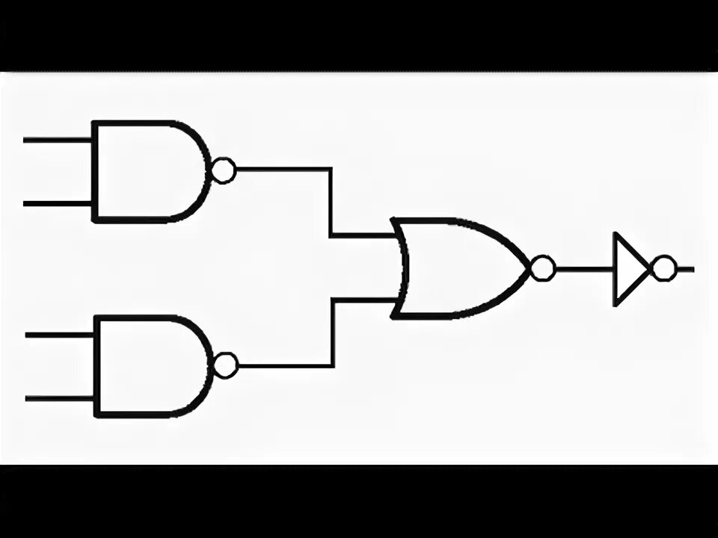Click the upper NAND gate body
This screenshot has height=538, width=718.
coord(146,171)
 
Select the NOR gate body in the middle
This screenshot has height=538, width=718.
coord(460,268)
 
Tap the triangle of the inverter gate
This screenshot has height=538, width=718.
coord(628,268)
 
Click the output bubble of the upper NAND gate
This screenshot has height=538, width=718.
coord(223,171)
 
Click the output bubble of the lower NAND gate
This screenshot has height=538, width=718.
coord(226,365)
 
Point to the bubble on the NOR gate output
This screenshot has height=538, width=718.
coord(543,268)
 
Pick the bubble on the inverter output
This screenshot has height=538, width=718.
coord(663,268)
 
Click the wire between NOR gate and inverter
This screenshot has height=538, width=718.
coord(583,268)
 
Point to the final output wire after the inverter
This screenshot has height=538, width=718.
coord(684,268)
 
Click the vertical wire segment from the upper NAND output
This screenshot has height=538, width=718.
coord(331,202)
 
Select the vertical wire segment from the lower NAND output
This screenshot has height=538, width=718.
coord(333,333)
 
